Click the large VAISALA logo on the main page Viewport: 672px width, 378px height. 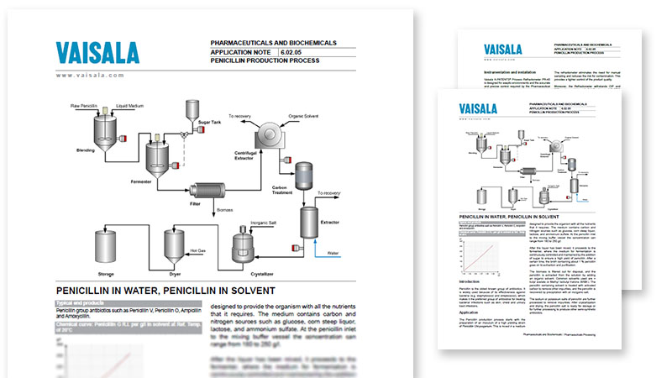[x=98, y=53]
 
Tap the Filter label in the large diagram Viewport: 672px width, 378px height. [x=197, y=204]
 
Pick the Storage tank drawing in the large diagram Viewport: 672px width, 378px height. [x=107, y=246]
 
